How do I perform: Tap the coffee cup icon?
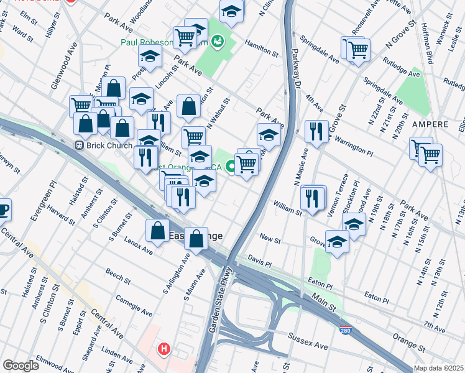[x=3, y=210]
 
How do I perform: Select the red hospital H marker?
[x=164, y=349]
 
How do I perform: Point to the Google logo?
[x=20, y=366]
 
